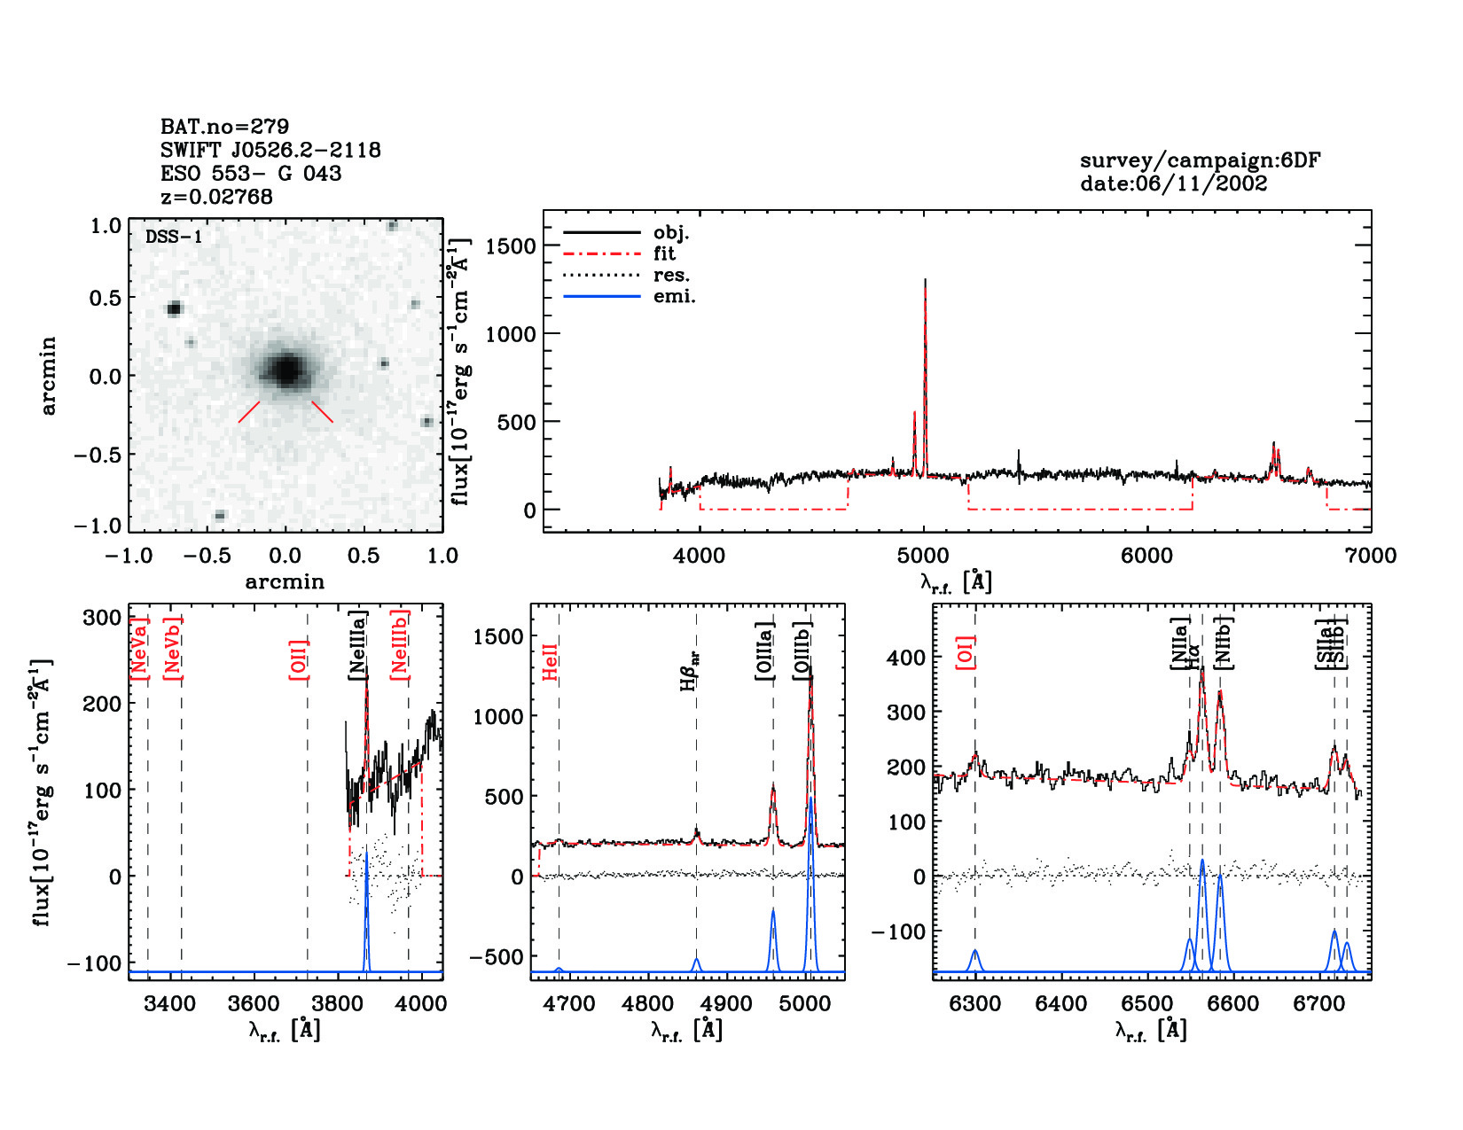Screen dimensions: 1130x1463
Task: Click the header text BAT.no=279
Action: [224, 127]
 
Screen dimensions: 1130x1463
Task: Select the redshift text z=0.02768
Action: [216, 197]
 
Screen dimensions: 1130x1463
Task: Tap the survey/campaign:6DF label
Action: [1200, 160]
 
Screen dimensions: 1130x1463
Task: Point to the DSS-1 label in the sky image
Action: [174, 237]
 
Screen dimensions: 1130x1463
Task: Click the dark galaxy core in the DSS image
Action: [286, 369]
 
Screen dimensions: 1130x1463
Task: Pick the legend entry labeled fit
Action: [664, 253]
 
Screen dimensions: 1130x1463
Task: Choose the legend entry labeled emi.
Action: [674, 296]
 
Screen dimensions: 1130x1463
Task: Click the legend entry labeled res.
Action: [671, 275]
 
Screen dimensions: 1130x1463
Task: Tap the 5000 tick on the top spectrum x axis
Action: [923, 556]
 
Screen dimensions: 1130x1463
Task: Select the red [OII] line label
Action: [298, 659]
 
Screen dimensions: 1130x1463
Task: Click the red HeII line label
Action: [550, 662]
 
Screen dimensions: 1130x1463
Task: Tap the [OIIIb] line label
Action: [802, 651]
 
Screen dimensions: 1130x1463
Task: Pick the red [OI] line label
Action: [966, 651]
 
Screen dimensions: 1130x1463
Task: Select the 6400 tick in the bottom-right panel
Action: [1061, 1004]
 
